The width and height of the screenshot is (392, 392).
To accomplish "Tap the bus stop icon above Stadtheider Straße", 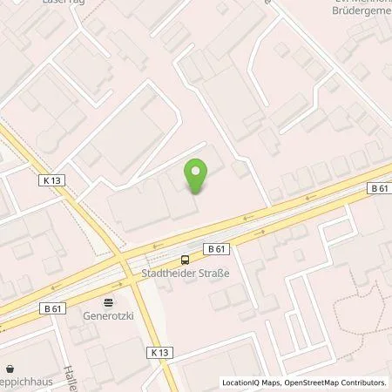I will point(184,259).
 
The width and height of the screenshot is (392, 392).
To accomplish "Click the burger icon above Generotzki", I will point(109,303).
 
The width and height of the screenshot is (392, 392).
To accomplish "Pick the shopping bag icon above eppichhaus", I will point(10,369).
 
